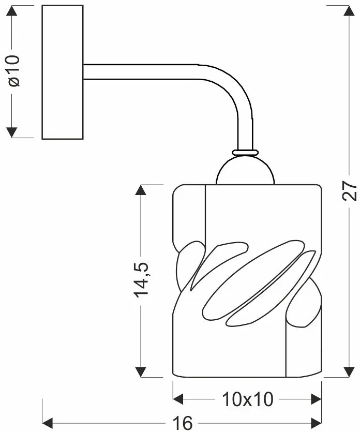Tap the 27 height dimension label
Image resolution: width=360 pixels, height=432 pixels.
350,191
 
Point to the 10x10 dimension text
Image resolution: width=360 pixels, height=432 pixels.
247,399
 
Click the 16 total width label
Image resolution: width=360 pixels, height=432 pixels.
182,423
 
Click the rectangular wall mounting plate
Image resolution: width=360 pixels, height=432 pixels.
62,72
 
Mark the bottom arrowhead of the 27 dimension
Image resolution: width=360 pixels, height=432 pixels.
350,371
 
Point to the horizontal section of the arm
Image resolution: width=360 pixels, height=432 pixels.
140,71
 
